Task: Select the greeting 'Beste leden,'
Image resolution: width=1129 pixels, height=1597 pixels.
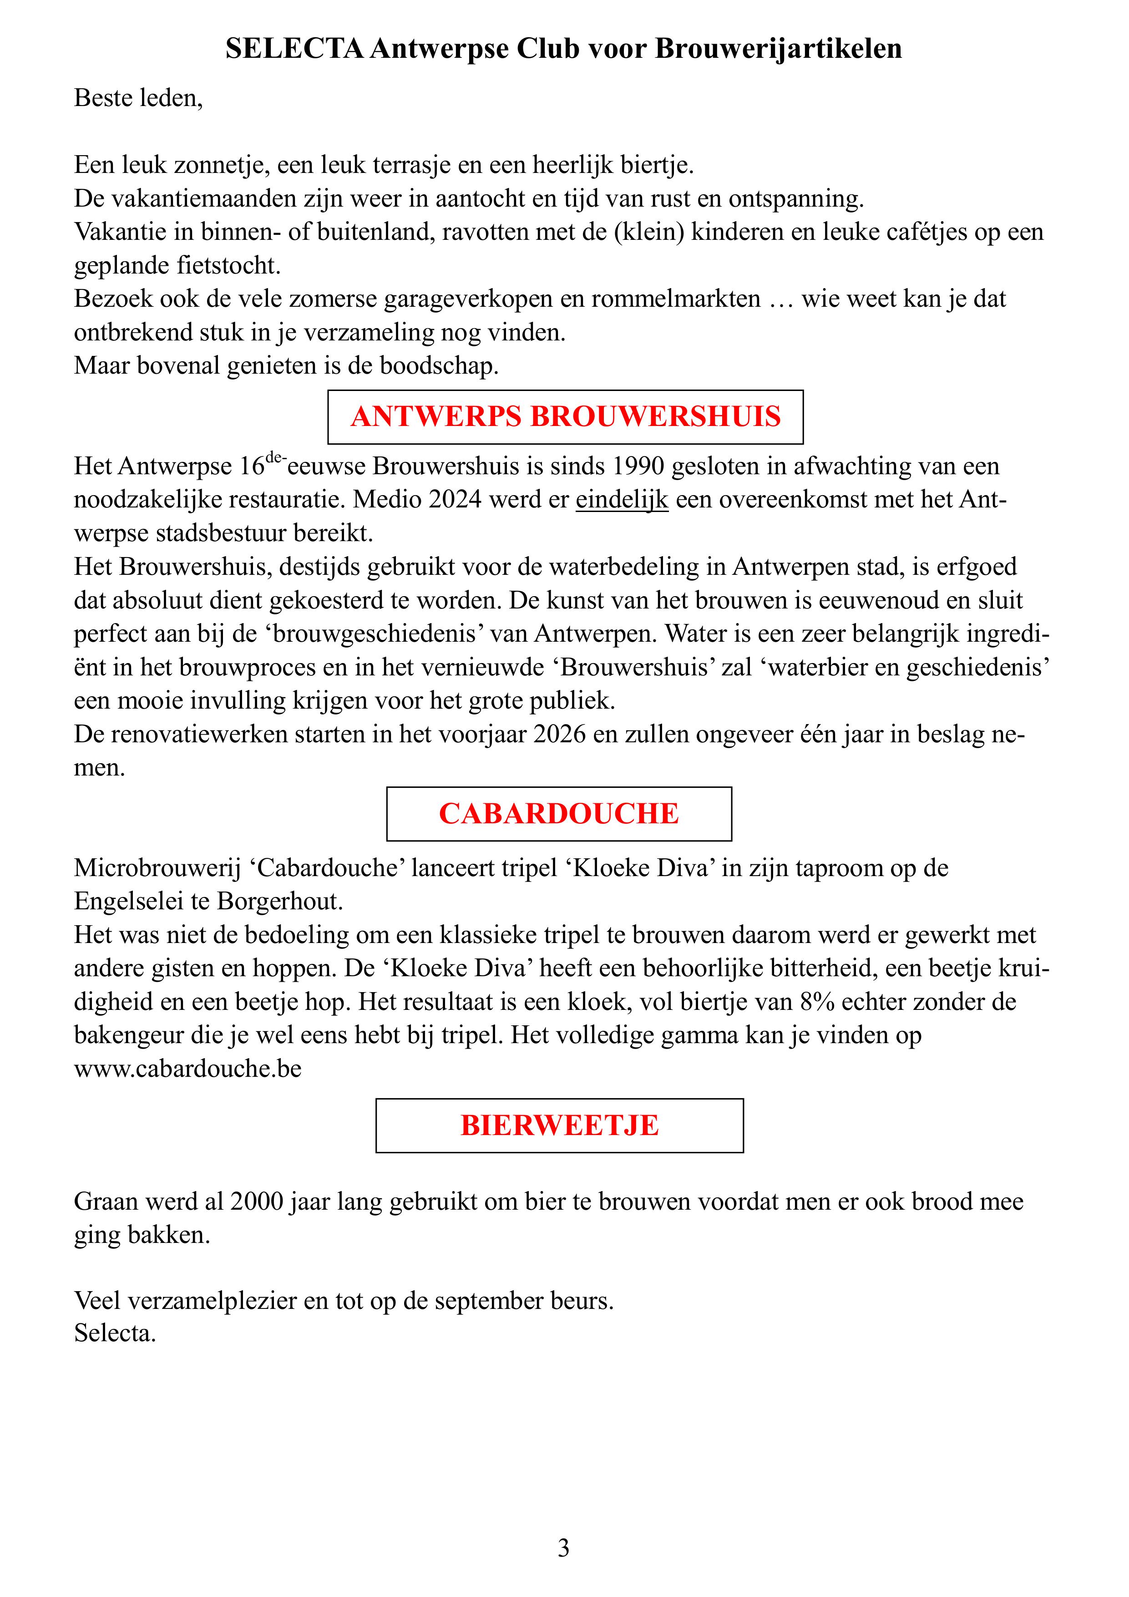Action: [138, 98]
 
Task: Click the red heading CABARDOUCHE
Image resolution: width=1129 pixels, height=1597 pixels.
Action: [559, 814]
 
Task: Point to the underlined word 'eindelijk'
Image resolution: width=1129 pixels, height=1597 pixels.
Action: [622, 499]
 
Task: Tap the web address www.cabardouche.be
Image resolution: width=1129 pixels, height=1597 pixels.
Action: [188, 1068]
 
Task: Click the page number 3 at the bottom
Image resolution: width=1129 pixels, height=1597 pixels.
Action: [563, 1548]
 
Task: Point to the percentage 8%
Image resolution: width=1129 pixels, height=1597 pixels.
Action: [815, 1002]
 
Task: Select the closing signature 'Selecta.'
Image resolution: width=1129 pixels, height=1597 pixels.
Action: [115, 1333]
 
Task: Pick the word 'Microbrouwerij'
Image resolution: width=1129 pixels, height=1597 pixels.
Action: [157, 868]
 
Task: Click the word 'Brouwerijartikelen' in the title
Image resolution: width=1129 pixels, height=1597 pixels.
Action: [779, 49]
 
